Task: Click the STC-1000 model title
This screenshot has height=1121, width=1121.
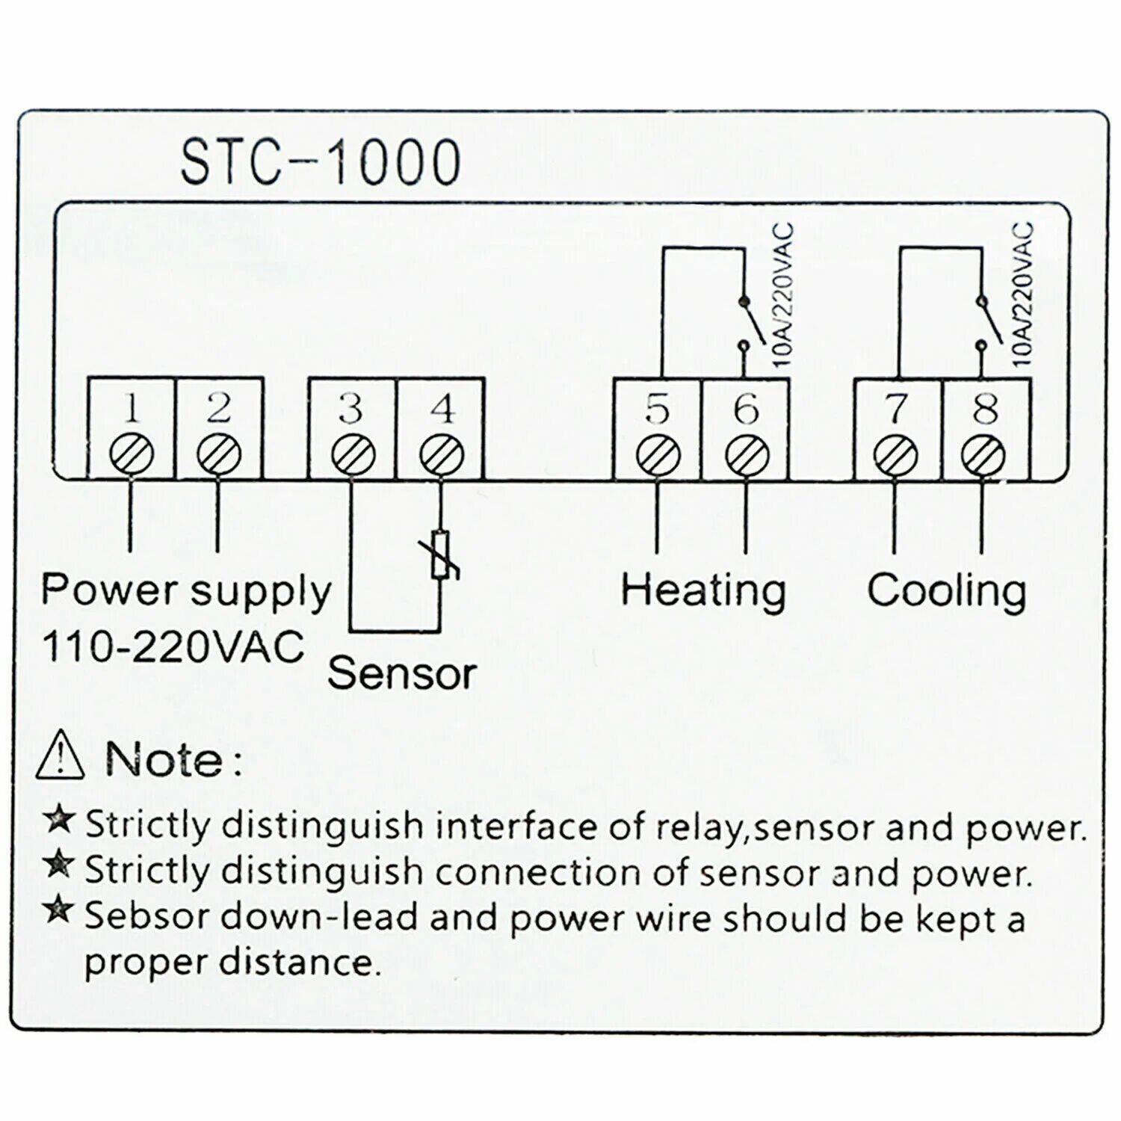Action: (x=321, y=162)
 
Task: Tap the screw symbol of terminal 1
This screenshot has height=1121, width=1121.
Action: (x=132, y=453)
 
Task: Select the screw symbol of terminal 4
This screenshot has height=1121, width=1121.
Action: (x=442, y=453)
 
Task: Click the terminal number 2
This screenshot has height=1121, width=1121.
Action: (x=218, y=408)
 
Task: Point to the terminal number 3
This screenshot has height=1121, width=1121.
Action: (x=350, y=408)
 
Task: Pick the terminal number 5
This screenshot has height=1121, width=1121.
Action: (x=657, y=410)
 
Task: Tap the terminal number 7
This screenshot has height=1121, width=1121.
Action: (x=896, y=410)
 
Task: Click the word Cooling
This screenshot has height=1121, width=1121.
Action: (x=946, y=590)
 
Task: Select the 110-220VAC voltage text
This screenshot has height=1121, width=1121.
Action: (x=173, y=646)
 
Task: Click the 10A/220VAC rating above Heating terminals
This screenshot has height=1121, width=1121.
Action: (x=783, y=295)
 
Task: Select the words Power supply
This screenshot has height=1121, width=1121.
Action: (x=185, y=590)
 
